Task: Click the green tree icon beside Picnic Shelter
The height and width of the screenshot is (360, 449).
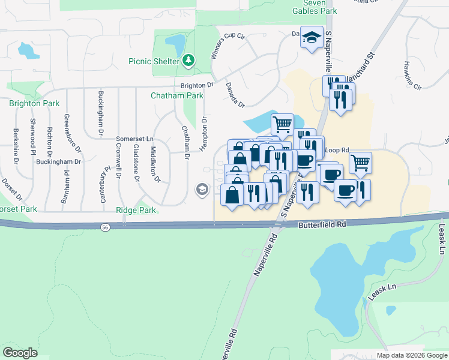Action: coord(188,61)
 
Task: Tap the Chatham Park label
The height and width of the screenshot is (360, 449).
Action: coord(177,95)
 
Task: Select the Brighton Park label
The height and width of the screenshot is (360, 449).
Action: coord(34,103)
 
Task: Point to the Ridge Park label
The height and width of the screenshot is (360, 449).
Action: coord(136,210)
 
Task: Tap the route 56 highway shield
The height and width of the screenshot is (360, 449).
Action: coord(105,226)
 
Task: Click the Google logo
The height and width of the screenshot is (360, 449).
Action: coord(20,353)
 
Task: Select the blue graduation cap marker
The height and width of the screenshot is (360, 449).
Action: coord(312,38)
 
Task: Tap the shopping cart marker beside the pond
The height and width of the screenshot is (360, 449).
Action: coord(282,125)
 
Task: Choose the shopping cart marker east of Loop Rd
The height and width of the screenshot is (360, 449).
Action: coord(360,162)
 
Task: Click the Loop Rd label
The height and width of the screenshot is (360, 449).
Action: coord(337,150)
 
